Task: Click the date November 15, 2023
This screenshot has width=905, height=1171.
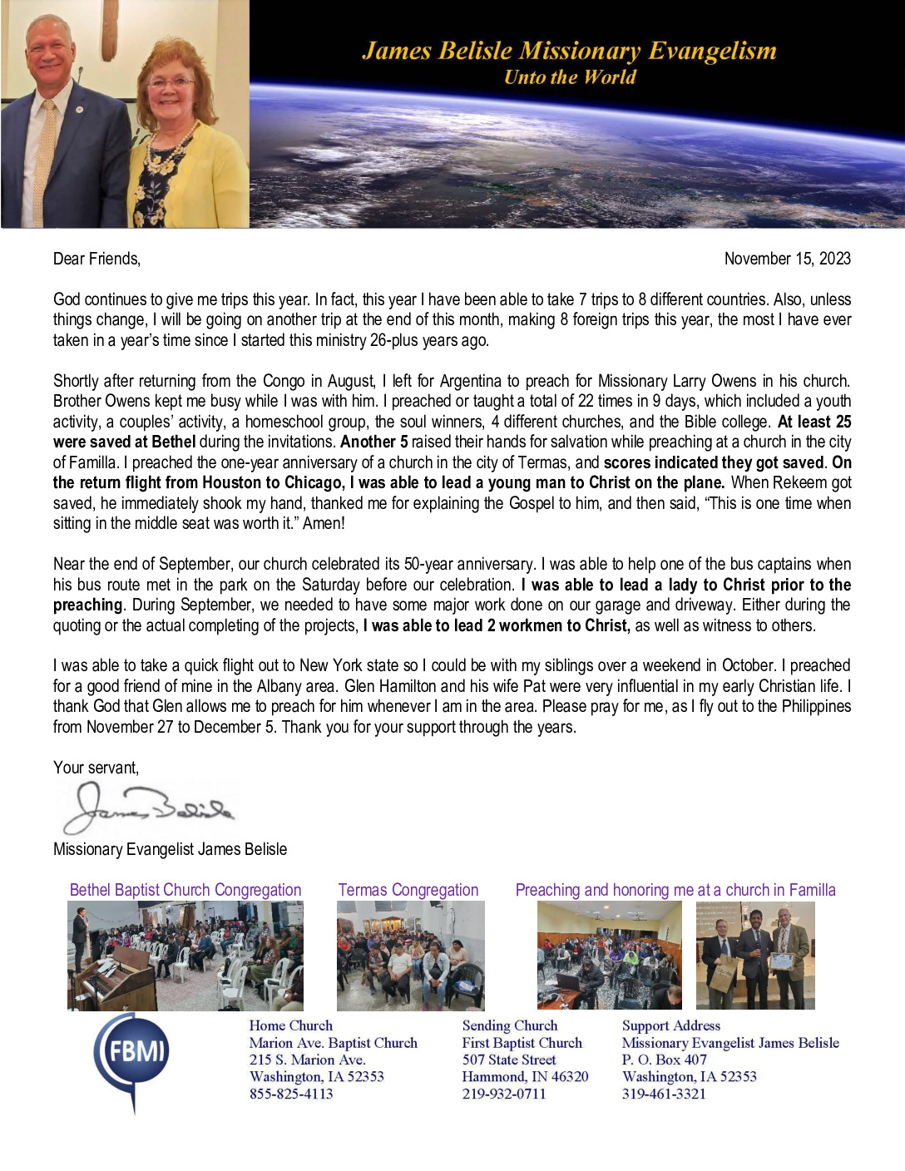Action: coord(787,259)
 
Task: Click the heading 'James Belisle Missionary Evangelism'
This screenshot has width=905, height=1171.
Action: coord(569,52)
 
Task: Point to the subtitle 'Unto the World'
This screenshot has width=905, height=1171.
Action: coord(570,77)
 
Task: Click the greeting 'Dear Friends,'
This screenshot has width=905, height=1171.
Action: coord(96,259)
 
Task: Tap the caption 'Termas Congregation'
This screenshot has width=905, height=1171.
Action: coord(408,890)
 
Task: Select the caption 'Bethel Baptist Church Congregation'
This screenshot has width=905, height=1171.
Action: coord(185,890)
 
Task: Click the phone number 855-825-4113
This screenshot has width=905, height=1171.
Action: coord(291,1094)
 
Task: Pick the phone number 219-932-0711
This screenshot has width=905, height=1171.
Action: coord(504,1094)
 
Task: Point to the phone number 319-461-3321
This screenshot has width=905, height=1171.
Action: coord(664,1094)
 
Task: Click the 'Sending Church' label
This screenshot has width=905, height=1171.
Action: coord(510,1025)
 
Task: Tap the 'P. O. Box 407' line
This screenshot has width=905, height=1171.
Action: coord(664,1060)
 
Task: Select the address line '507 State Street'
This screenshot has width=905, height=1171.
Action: coord(509,1060)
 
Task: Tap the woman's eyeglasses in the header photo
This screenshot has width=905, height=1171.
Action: coord(171,82)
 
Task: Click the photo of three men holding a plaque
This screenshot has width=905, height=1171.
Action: coord(755,955)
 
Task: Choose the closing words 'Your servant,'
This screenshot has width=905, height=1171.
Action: coord(96,768)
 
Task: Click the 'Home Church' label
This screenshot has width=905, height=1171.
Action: coord(290,1025)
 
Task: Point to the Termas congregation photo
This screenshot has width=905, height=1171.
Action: coord(410,956)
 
